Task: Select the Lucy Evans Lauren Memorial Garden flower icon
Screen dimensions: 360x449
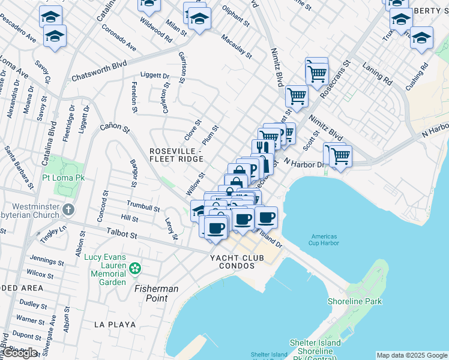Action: point(136,267)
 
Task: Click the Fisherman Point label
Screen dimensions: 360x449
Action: point(156,293)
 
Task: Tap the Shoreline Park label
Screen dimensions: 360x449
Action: point(354,301)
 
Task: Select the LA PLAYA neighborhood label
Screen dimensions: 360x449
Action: point(115,324)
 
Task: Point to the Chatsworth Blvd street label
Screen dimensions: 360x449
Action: point(99,71)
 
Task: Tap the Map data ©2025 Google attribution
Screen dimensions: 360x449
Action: point(412,355)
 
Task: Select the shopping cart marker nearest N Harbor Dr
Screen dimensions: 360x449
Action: point(341,156)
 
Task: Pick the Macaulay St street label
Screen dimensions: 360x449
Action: point(236,46)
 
